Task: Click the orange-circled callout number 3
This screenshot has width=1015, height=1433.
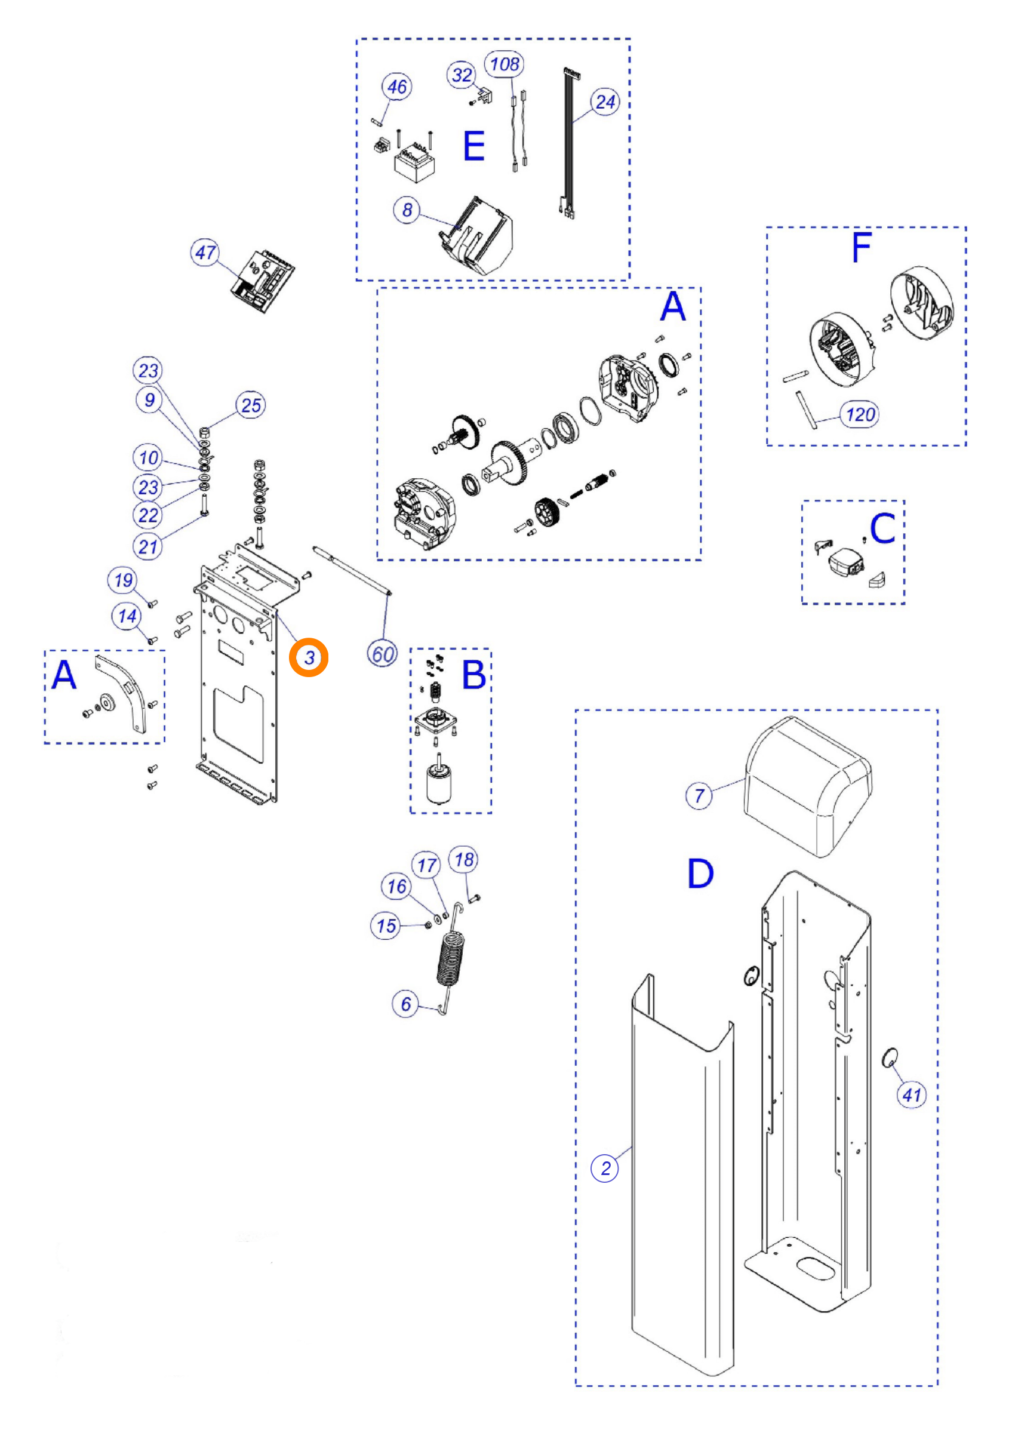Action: coord(309,657)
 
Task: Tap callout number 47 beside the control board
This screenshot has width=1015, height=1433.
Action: coord(205,253)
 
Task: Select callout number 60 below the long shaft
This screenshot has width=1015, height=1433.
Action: coord(383,654)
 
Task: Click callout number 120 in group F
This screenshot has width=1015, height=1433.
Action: coord(860,414)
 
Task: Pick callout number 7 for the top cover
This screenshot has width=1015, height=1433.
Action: coord(699,795)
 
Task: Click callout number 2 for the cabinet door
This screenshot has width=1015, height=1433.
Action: coord(605,1168)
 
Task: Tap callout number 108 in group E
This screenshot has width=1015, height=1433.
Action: coord(505,64)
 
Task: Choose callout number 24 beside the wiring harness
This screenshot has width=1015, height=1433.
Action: coord(605,102)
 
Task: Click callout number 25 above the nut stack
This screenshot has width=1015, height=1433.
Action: coord(251,405)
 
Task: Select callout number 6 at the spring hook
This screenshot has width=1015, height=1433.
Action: coord(405,1004)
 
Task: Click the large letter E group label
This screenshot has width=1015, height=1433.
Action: coord(473,146)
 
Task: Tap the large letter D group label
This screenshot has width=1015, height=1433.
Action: coord(700,874)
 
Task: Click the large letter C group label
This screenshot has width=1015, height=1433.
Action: coord(882,528)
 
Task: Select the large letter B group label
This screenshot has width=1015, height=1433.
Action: coord(473,675)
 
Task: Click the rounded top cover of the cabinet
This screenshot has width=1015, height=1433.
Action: coord(807,786)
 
